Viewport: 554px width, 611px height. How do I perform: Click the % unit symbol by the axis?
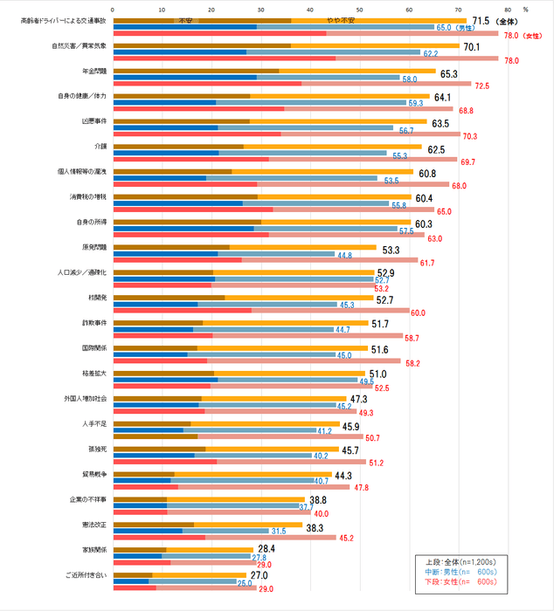click(x=526, y=9)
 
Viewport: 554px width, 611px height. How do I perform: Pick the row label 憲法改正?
click(x=93, y=525)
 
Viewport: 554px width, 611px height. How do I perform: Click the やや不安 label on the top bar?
click(x=340, y=19)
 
